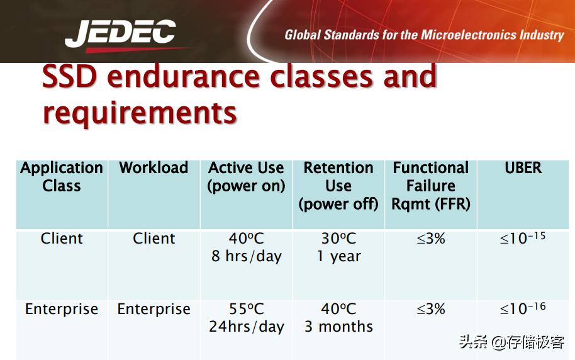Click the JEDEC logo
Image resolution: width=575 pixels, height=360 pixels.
click(121, 35)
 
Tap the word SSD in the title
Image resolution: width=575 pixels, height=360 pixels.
click(70, 76)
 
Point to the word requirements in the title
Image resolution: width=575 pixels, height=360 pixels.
click(140, 113)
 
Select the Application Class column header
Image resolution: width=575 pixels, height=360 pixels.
click(62, 176)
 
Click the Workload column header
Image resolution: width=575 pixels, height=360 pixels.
click(154, 167)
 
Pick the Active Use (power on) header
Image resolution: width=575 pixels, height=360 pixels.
click(246, 177)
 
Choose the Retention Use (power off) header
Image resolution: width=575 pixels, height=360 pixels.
click(338, 186)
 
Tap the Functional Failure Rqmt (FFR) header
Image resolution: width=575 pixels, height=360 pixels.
click(431, 186)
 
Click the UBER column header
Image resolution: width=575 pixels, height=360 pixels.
click(523, 167)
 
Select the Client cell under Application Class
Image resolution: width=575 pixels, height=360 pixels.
click(62, 239)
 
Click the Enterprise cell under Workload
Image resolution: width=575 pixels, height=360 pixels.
click(154, 309)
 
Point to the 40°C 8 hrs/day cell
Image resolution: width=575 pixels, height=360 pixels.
click(247, 247)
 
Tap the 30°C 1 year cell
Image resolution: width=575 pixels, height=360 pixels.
click(338, 247)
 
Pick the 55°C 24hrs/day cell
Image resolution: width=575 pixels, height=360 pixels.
click(247, 318)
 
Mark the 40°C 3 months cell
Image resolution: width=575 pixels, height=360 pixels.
click(338, 318)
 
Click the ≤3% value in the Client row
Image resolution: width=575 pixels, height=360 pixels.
click(431, 239)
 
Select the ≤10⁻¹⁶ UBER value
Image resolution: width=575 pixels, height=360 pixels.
click(523, 308)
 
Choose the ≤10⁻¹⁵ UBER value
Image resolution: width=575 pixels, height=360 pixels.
click(523, 238)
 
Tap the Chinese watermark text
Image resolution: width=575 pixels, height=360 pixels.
click(511, 342)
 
